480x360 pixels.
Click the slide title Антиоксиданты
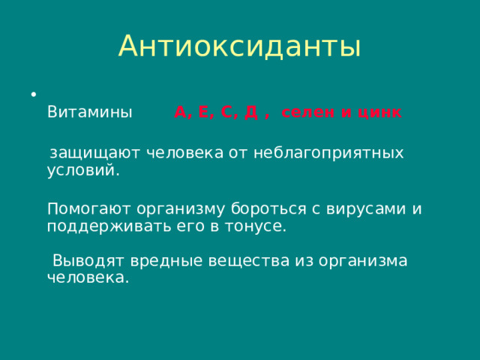pos(239,46)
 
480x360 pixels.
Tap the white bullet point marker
pos(33,94)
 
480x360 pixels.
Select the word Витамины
pos(90,113)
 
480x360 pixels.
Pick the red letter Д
pos(252,113)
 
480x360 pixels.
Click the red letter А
pos(181,113)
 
